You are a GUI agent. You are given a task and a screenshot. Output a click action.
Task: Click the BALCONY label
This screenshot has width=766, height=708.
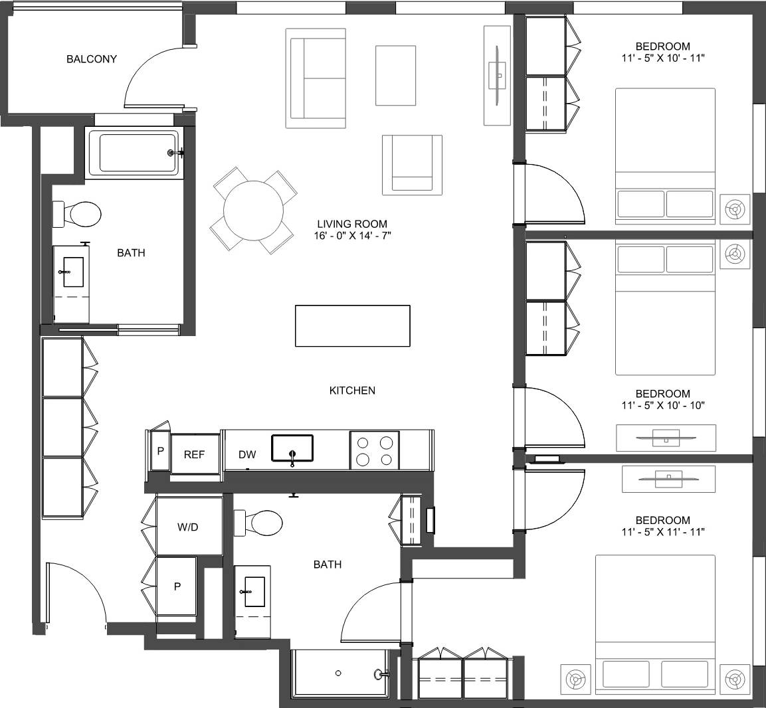pyautogui.click(x=91, y=59)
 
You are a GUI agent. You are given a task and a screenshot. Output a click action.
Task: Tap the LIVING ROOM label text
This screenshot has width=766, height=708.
pyautogui.click(x=351, y=224)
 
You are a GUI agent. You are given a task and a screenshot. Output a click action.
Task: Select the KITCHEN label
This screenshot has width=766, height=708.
pyautogui.click(x=352, y=391)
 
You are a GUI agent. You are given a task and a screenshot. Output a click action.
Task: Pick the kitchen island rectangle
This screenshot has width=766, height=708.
pyautogui.click(x=352, y=325)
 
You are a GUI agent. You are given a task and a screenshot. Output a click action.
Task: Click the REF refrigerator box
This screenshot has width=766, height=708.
pyautogui.click(x=195, y=454)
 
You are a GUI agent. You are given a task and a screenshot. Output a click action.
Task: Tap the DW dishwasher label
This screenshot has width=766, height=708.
pyautogui.click(x=247, y=454)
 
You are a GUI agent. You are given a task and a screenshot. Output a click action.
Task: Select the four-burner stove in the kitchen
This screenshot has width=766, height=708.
pyautogui.click(x=375, y=450)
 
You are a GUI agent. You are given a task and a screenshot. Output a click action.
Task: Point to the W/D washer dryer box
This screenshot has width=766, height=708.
pyautogui.click(x=189, y=527)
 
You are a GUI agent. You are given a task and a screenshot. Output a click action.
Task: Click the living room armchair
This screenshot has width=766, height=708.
pyautogui.click(x=412, y=164)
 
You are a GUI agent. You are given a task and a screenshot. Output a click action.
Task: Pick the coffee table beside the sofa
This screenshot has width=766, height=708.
pyautogui.click(x=395, y=75)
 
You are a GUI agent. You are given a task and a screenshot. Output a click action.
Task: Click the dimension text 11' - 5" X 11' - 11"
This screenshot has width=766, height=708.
pyautogui.click(x=662, y=532)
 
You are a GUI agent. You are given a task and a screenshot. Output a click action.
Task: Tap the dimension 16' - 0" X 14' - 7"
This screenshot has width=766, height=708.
pyautogui.click(x=351, y=236)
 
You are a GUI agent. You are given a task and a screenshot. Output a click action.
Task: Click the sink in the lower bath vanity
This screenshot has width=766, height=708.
pyautogui.click(x=253, y=591)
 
